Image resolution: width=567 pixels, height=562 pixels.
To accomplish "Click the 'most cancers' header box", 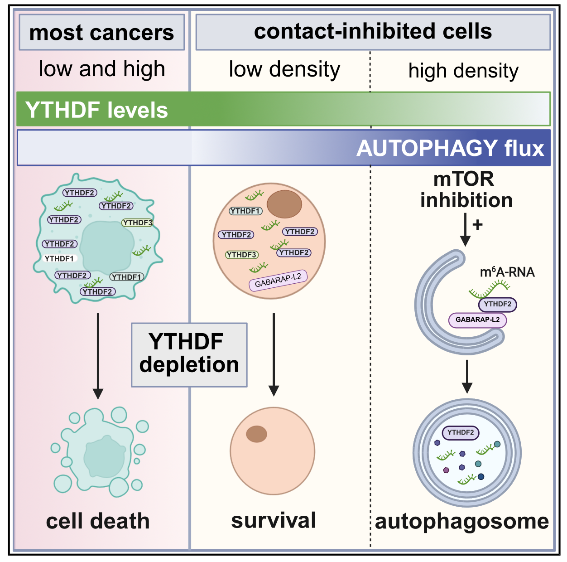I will (x=101, y=32).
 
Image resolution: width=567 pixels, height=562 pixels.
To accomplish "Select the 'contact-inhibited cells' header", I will (x=373, y=31).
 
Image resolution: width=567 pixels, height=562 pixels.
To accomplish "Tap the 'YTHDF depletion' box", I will (x=189, y=354).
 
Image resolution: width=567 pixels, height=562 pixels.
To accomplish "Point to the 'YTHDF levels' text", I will (x=96, y=110).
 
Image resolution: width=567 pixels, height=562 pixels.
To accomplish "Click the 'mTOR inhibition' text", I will (x=466, y=190).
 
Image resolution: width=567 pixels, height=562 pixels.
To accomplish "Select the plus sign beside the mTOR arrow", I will (x=478, y=224).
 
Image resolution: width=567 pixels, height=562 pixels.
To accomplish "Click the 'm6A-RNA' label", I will (x=507, y=272).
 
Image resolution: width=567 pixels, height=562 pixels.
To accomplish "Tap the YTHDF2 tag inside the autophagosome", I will (x=461, y=432).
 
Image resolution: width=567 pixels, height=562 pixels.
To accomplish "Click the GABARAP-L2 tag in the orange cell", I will (x=278, y=280).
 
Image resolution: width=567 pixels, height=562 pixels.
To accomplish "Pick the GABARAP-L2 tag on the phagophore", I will (x=477, y=320).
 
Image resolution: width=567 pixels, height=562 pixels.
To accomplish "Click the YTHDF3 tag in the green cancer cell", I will (x=137, y=223).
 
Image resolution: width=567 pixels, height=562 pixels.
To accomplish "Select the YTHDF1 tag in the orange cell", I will (x=245, y=211).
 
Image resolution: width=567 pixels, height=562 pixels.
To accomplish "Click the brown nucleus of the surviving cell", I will (x=256, y=434).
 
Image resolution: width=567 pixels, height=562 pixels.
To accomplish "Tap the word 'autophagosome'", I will (x=461, y=521).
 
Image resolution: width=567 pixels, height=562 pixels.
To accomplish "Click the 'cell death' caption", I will (x=98, y=521).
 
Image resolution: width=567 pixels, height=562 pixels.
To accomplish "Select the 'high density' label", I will (x=463, y=71).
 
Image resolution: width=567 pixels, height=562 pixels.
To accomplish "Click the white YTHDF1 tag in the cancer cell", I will (x=59, y=258).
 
